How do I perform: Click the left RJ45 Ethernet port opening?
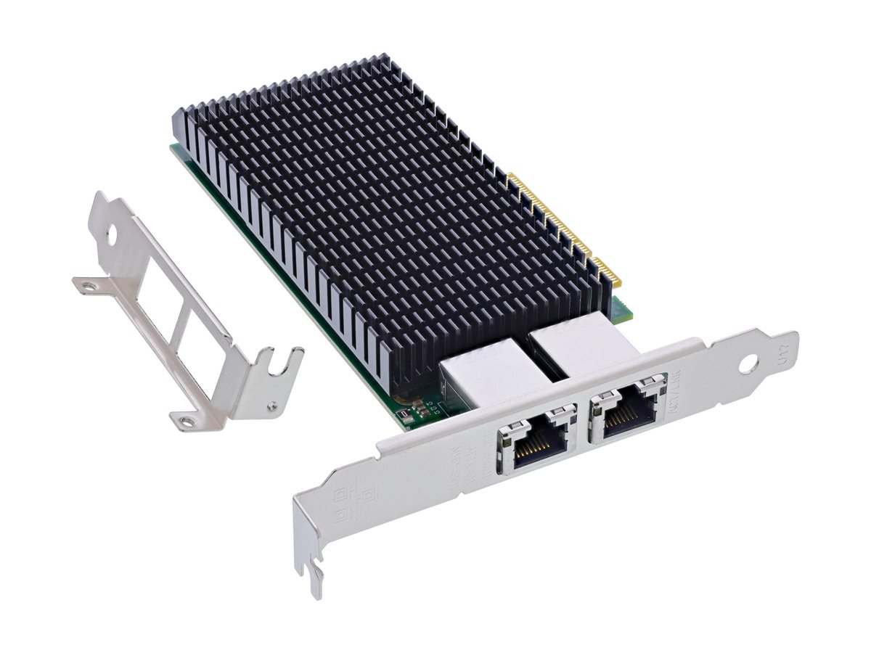[x=538, y=445]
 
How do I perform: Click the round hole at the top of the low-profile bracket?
[x=110, y=235]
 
